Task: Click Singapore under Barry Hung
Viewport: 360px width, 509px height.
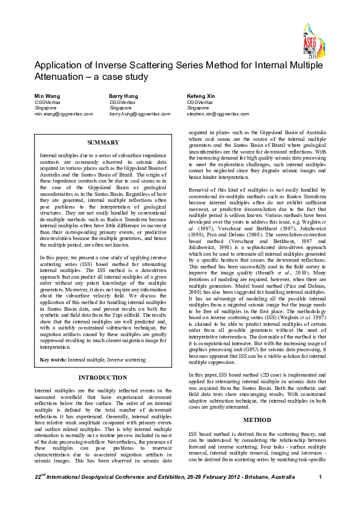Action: point(120,108)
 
